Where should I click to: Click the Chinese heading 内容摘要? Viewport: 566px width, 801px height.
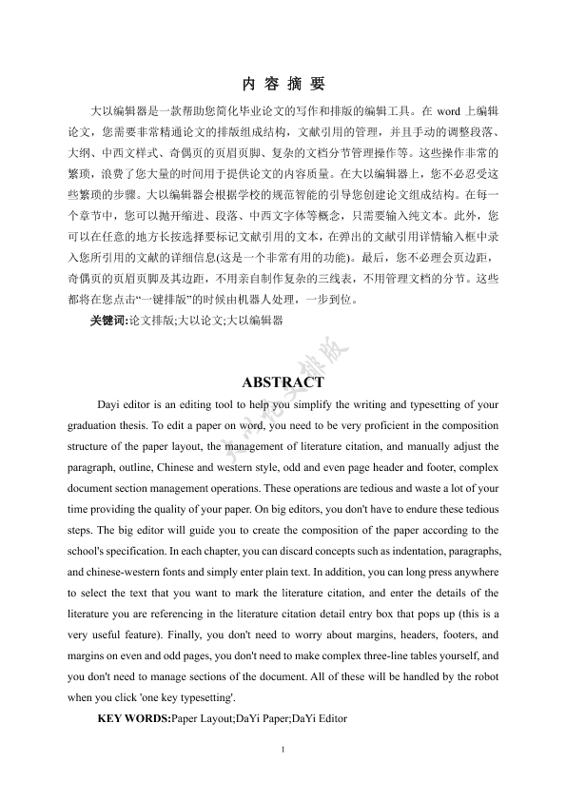pos(283,84)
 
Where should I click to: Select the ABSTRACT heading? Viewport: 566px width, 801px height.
pos(283,382)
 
